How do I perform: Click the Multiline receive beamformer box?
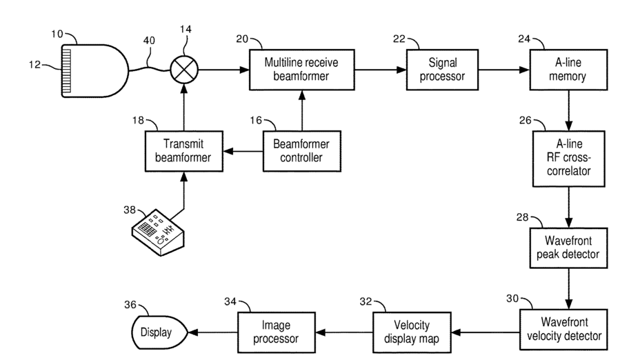click(x=301, y=70)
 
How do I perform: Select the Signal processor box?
click(x=442, y=70)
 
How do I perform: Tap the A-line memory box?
click(x=568, y=70)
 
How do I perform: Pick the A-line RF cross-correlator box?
click(x=568, y=159)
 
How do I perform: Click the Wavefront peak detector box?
click(x=568, y=248)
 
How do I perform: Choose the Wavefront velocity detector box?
click(x=563, y=330)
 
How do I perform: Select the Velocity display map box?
click(x=412, y=332)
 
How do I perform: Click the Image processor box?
click(x=277, y=332)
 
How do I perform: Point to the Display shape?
click(x=159, y=332)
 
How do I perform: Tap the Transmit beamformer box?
click(x=184, y=151)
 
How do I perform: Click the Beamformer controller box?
click(x=301, y=151)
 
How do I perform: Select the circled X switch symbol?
click(x=184, y=70)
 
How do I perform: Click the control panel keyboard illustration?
click(x=158, y=232)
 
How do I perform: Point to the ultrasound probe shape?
click(x=95, y=71)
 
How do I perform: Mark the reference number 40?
click(x=149, y=41)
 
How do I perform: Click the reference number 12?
click(x=34, y=64)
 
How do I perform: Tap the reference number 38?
click(x=130, y=210)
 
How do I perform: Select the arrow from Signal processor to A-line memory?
click(x=504, y=70)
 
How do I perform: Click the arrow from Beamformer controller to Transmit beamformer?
click(x=243, y=151)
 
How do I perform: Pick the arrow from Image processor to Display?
click(x=212, y=332)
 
